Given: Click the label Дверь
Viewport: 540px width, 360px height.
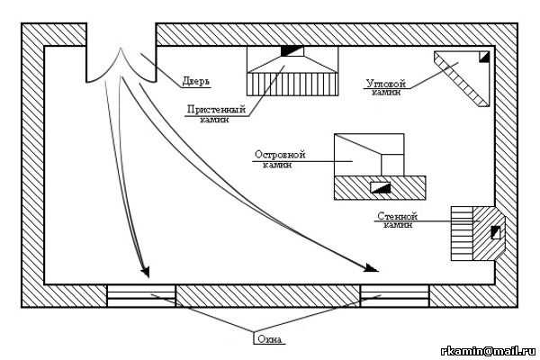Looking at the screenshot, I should [196, 80].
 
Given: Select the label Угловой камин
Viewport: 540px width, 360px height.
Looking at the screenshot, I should [386, 86].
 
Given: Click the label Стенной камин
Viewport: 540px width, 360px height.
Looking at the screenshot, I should [398, 220].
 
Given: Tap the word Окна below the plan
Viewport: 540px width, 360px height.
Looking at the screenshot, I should [269, 339].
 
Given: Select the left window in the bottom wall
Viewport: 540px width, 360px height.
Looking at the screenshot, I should [141, 295].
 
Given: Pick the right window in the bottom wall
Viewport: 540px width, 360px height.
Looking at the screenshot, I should [394, 295].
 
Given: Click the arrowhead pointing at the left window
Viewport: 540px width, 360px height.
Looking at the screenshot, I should [144, 269].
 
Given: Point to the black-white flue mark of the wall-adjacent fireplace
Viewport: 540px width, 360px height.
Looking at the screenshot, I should [293, 50].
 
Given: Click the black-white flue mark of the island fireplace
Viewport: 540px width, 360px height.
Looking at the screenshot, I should [381, 187].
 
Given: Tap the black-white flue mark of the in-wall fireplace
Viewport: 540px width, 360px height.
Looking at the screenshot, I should [494, 233].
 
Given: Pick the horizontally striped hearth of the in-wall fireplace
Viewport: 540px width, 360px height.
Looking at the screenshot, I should [462, 233].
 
